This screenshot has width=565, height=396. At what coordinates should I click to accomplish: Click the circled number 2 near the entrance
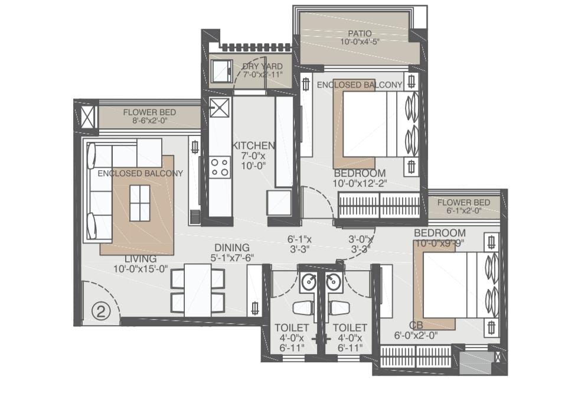coord(101,311)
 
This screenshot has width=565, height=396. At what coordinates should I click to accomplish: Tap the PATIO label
coord(360,34)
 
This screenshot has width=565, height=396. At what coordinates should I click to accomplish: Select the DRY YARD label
coord(262,66)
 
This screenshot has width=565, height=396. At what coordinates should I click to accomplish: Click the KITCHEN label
coord(253,146)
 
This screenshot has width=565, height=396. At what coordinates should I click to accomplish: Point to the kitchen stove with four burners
coord(220,167)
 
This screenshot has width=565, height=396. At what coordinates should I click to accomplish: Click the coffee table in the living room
coord(139,203)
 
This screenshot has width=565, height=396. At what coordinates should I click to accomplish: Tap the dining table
coord(197,291)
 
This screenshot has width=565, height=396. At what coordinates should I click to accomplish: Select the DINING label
coord(232,248)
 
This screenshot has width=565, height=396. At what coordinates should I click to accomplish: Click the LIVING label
coord(141,259)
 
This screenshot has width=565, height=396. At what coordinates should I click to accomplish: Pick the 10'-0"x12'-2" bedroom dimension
coord(360,183)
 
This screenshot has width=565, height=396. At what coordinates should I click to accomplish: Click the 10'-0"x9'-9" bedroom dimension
coord(440,244)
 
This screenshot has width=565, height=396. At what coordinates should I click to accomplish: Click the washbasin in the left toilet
coord(309,282)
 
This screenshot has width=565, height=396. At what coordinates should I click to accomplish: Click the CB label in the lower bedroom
coord(416,325)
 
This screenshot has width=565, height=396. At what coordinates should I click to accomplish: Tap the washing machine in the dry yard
coord(221,72)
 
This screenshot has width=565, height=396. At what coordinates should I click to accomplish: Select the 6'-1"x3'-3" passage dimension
coord(299,244)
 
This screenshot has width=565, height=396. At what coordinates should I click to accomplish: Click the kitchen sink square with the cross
coord(220,108)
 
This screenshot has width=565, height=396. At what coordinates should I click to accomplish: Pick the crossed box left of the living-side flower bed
coord(88,117)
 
